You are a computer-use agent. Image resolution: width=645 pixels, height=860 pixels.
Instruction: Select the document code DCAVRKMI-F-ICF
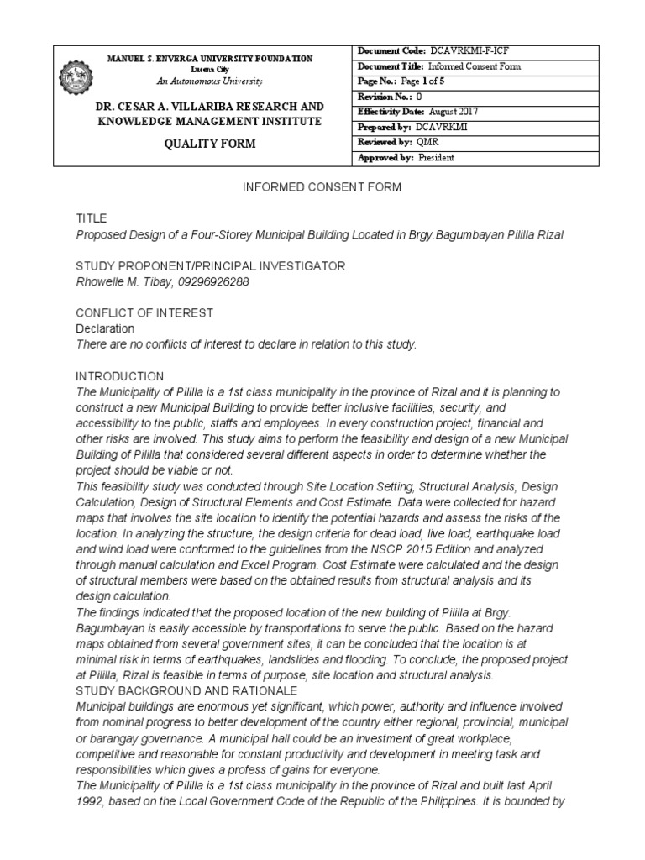coord(469,52)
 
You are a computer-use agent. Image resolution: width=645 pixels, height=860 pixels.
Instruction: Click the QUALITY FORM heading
coord(209,144)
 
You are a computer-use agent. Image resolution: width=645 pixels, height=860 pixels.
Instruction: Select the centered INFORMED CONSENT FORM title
coord(322,186)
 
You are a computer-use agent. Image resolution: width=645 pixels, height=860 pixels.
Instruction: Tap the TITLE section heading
coord(92,218)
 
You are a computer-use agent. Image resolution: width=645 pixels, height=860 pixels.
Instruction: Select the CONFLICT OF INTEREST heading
coord(144,313)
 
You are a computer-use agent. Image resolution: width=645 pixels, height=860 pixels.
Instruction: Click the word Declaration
coord(105,328)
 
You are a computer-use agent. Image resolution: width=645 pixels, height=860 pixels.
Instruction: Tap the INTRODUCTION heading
coord(120,376)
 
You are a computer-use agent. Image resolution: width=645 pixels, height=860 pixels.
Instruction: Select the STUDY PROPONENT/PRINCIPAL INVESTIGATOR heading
coord(211,266)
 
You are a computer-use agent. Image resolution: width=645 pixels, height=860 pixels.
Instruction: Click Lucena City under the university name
coord(209,69)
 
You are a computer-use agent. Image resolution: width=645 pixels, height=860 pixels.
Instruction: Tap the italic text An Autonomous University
coord(209,81)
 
